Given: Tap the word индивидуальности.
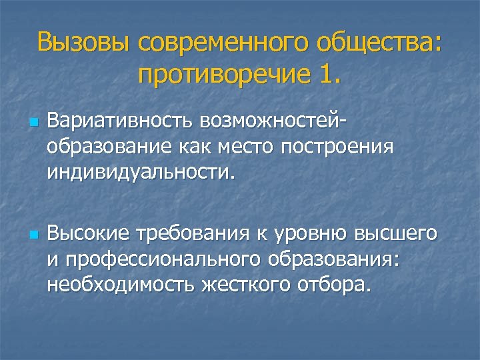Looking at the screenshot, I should (141, 173).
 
